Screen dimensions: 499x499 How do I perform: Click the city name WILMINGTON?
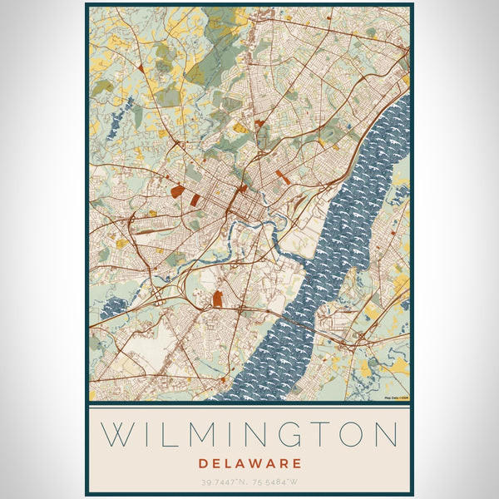[249, 435]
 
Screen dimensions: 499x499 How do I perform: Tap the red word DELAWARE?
[249, 462]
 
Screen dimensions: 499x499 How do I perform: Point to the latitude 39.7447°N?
[223, 481]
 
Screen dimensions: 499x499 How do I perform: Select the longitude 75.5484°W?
[275, 481]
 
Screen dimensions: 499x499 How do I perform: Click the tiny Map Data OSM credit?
[396, 398]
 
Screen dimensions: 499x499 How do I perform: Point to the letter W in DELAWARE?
[258, 462]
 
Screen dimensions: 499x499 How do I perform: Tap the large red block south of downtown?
[218, 299]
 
